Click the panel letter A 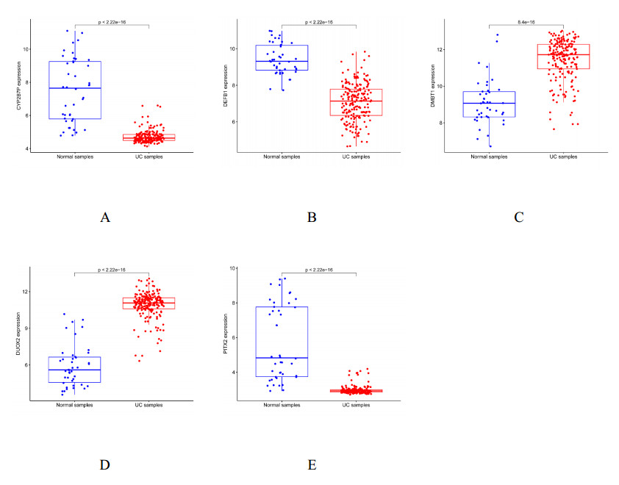pyautogui.click(x=106, y=217)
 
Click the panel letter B pyautogui.click(x=312, y=217)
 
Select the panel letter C pyautogui.click(x=519, y=217)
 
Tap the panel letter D pyautogui.click(x=106, y=464)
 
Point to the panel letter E pyautogui.click(x=312, y=464)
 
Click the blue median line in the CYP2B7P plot pyautogui.click(x=74, y=88)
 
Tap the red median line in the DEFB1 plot pyautogui.click(x=356, y=101)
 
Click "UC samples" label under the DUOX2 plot pyautogui.click(x=149, y=406)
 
